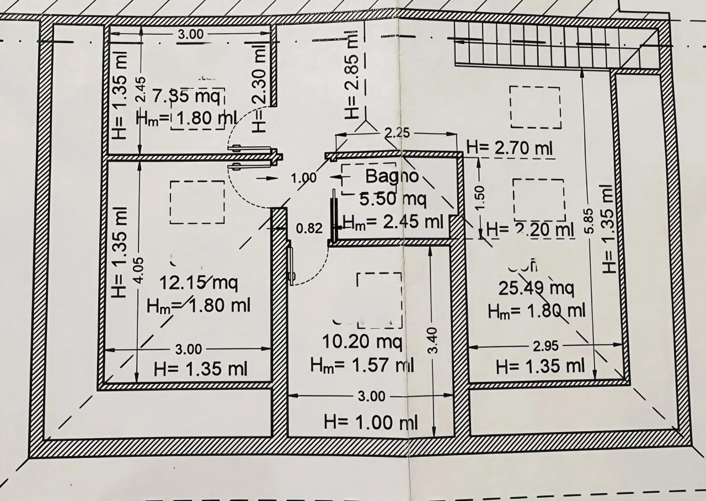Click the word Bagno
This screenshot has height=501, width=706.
point(392,177)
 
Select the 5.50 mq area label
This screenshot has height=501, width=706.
point(393,199)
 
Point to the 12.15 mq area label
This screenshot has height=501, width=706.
point(199,284)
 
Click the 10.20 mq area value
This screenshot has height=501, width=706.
point(361,342)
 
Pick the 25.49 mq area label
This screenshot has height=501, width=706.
point(536,287)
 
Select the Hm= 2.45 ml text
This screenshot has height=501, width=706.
point(393,222)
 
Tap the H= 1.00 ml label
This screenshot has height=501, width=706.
point(371,423)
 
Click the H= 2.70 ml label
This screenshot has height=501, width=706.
point(510,148)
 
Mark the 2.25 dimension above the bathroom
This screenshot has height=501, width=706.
point(397,132)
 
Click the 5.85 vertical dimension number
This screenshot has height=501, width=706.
point(590,221)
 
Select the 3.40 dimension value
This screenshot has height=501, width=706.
point(433,340)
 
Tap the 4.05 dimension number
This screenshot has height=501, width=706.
point(140,271)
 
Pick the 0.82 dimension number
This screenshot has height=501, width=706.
point(309,228)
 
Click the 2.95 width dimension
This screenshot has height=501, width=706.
point(545,346)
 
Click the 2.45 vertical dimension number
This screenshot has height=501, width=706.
point(140,88)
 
